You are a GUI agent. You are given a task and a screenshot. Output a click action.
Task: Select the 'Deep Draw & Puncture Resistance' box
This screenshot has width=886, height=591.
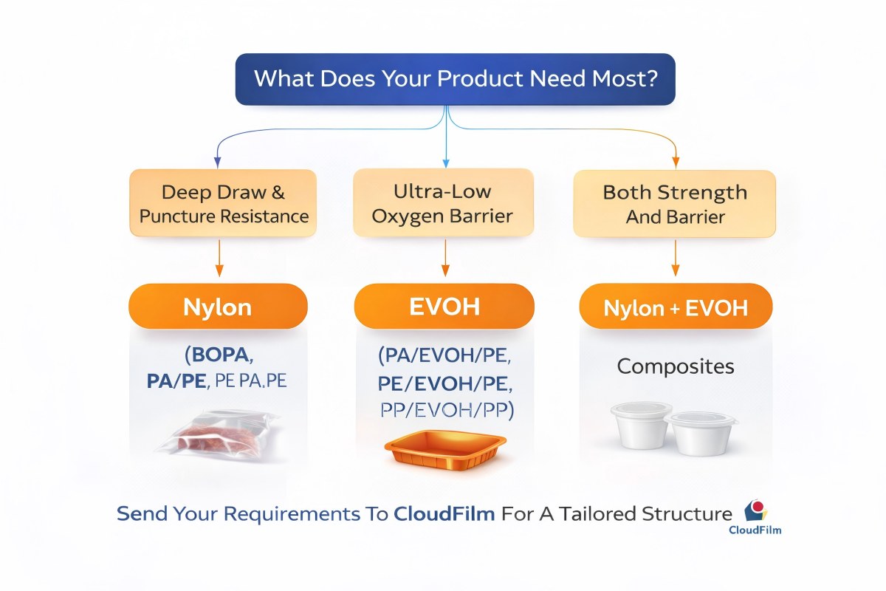tap(223, 204)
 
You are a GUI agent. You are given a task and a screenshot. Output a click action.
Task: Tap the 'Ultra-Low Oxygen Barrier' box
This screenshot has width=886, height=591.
tap(444, 203)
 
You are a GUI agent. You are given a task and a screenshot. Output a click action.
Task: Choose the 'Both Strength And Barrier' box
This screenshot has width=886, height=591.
tap(675, 204)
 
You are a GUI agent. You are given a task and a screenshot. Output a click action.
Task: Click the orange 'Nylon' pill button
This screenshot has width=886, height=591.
tap(218, 306)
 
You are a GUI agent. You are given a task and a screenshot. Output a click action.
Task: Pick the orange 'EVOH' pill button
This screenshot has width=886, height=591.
tap(444, 306)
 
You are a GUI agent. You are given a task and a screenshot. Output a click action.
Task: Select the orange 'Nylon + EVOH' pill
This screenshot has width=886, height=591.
tap(675, 306)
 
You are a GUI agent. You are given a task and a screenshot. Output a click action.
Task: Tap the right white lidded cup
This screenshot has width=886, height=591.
tap(701, 433)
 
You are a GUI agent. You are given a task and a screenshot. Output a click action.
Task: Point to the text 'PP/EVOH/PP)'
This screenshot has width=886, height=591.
tap(444, 411)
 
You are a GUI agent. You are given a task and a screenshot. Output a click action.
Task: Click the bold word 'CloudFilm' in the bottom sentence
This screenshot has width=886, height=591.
tap(443, 514)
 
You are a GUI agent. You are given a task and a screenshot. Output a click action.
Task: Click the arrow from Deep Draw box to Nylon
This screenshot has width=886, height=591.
tap(219, 259)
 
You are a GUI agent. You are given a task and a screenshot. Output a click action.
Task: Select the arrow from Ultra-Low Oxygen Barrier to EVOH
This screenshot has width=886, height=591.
tap(444, 259)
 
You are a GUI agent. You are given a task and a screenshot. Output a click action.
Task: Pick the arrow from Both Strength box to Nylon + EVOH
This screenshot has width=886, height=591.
tap(675, 259)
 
